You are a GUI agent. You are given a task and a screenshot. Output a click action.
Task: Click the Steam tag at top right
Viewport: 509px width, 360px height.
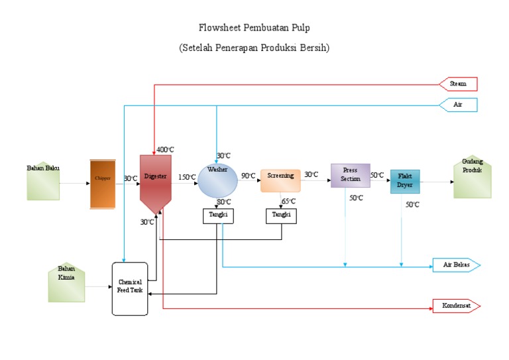point(458,84)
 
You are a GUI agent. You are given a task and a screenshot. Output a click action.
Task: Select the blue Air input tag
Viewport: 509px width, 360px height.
point(458,105)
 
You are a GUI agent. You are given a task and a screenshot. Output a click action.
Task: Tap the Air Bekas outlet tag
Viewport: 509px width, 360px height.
point(457,265)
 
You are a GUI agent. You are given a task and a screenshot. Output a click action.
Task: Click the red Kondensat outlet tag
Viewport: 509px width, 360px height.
point(456,306)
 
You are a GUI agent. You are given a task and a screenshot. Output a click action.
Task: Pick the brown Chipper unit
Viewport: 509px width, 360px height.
point(103,184)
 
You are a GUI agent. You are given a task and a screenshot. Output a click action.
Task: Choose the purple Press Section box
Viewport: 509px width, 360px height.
point(350,176)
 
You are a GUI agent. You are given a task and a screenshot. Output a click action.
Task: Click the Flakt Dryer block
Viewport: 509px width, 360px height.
point(404,182)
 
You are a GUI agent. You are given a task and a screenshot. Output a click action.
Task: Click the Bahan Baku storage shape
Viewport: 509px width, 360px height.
point(43,180)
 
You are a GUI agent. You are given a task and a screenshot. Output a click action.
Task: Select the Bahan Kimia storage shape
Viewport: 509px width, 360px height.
point(66,283)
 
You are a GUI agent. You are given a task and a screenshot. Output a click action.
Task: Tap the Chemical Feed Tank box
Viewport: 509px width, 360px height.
point(129,288)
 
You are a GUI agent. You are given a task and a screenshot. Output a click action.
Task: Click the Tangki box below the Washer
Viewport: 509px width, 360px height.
point(218,215)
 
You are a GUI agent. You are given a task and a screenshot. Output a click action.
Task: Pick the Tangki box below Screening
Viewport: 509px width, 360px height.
point(281,215)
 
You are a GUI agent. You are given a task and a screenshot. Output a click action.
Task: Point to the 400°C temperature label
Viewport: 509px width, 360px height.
point(165,149)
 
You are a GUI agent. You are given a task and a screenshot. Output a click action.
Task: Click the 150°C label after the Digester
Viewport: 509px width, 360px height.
point(187,177)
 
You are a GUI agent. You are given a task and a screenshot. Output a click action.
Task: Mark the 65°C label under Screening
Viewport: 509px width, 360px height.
point(288,202)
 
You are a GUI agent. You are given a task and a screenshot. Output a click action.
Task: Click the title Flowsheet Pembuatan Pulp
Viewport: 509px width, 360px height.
point(254,28)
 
